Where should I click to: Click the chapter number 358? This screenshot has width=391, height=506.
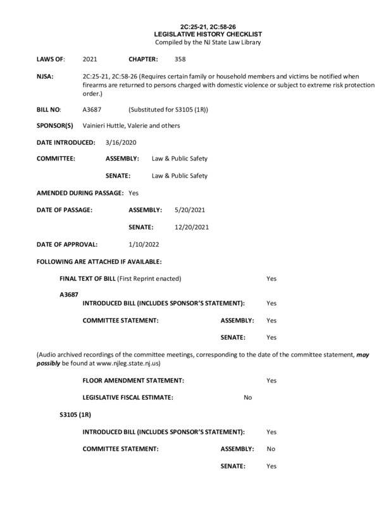[x=180, y=58]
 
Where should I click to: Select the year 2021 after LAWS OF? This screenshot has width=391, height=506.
[x=90, y=58]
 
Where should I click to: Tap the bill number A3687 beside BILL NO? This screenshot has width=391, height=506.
[x=92, y=109]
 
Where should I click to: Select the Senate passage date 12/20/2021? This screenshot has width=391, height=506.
[x=192, y=226]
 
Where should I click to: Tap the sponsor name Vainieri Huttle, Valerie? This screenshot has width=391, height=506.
[x=121, y=125]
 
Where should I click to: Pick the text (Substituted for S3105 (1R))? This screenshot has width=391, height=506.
[x=168, y=109]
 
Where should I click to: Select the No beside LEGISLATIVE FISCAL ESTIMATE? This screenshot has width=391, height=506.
[x=248, y=397]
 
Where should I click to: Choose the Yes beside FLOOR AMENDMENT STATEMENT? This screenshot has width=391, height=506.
[x=271, y=380]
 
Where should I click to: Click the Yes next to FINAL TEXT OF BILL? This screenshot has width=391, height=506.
[x=271, y=278]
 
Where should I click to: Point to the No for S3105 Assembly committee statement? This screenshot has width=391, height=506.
[x=271, y=448]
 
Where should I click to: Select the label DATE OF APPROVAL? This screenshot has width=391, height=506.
[x=67, y=243]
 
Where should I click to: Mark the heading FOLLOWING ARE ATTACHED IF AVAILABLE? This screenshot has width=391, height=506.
[x=99, y=261]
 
